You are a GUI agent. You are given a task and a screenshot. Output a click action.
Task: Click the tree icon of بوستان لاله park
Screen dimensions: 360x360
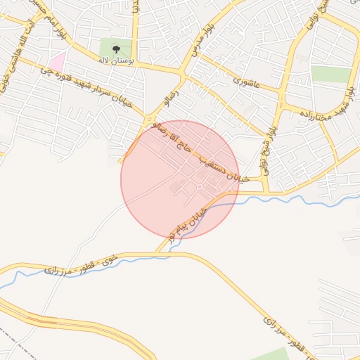pos(116,49)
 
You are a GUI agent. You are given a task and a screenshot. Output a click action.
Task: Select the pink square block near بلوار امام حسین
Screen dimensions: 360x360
pos(57,61)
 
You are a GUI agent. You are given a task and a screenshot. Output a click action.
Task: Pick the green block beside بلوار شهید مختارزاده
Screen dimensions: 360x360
pos(330,75)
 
